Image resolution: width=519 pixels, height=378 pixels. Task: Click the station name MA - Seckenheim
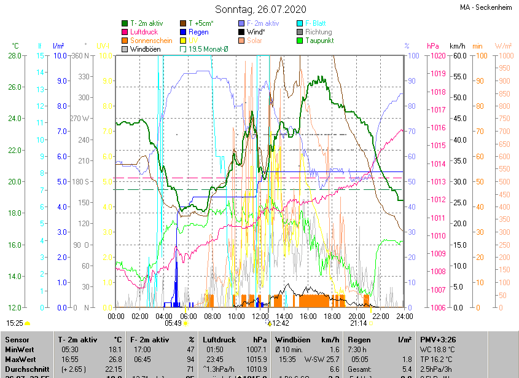pos(486,7)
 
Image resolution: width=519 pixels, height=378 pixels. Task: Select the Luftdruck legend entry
pos(144,32)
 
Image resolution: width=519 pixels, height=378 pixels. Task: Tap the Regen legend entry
pos(198,32)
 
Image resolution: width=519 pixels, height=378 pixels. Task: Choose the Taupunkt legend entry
pos(319,41)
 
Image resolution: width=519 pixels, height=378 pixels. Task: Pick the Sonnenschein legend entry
pos(151,41)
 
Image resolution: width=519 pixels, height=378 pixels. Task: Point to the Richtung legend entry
pos(318,32)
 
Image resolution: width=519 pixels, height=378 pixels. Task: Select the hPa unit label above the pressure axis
pos(434,46)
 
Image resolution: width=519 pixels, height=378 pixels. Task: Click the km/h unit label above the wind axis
pos(458,46)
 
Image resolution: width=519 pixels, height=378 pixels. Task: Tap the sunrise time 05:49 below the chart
pos(173,323)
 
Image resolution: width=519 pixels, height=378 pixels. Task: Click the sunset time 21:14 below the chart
pos(358,323)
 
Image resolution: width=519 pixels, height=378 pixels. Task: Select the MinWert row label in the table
pos(18,349)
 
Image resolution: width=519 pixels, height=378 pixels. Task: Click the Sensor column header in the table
pos(17,339)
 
